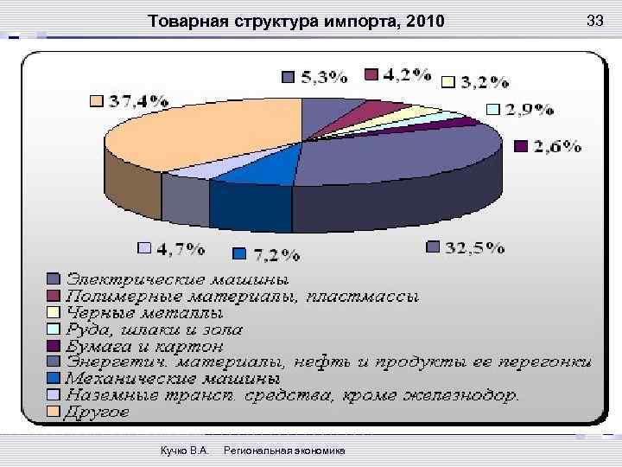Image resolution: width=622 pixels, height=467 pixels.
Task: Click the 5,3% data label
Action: [x=324, y=77]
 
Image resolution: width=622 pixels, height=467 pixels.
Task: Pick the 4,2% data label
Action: [x=406, y=74]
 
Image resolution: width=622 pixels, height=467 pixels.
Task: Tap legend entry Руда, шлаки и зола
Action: [x=155, y=329]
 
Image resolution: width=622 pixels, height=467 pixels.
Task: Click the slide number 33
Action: [x=594, y=20]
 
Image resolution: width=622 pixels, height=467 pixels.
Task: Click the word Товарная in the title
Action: [x=183, y=21]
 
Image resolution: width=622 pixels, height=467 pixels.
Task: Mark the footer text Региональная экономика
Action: [x=283, y=451]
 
